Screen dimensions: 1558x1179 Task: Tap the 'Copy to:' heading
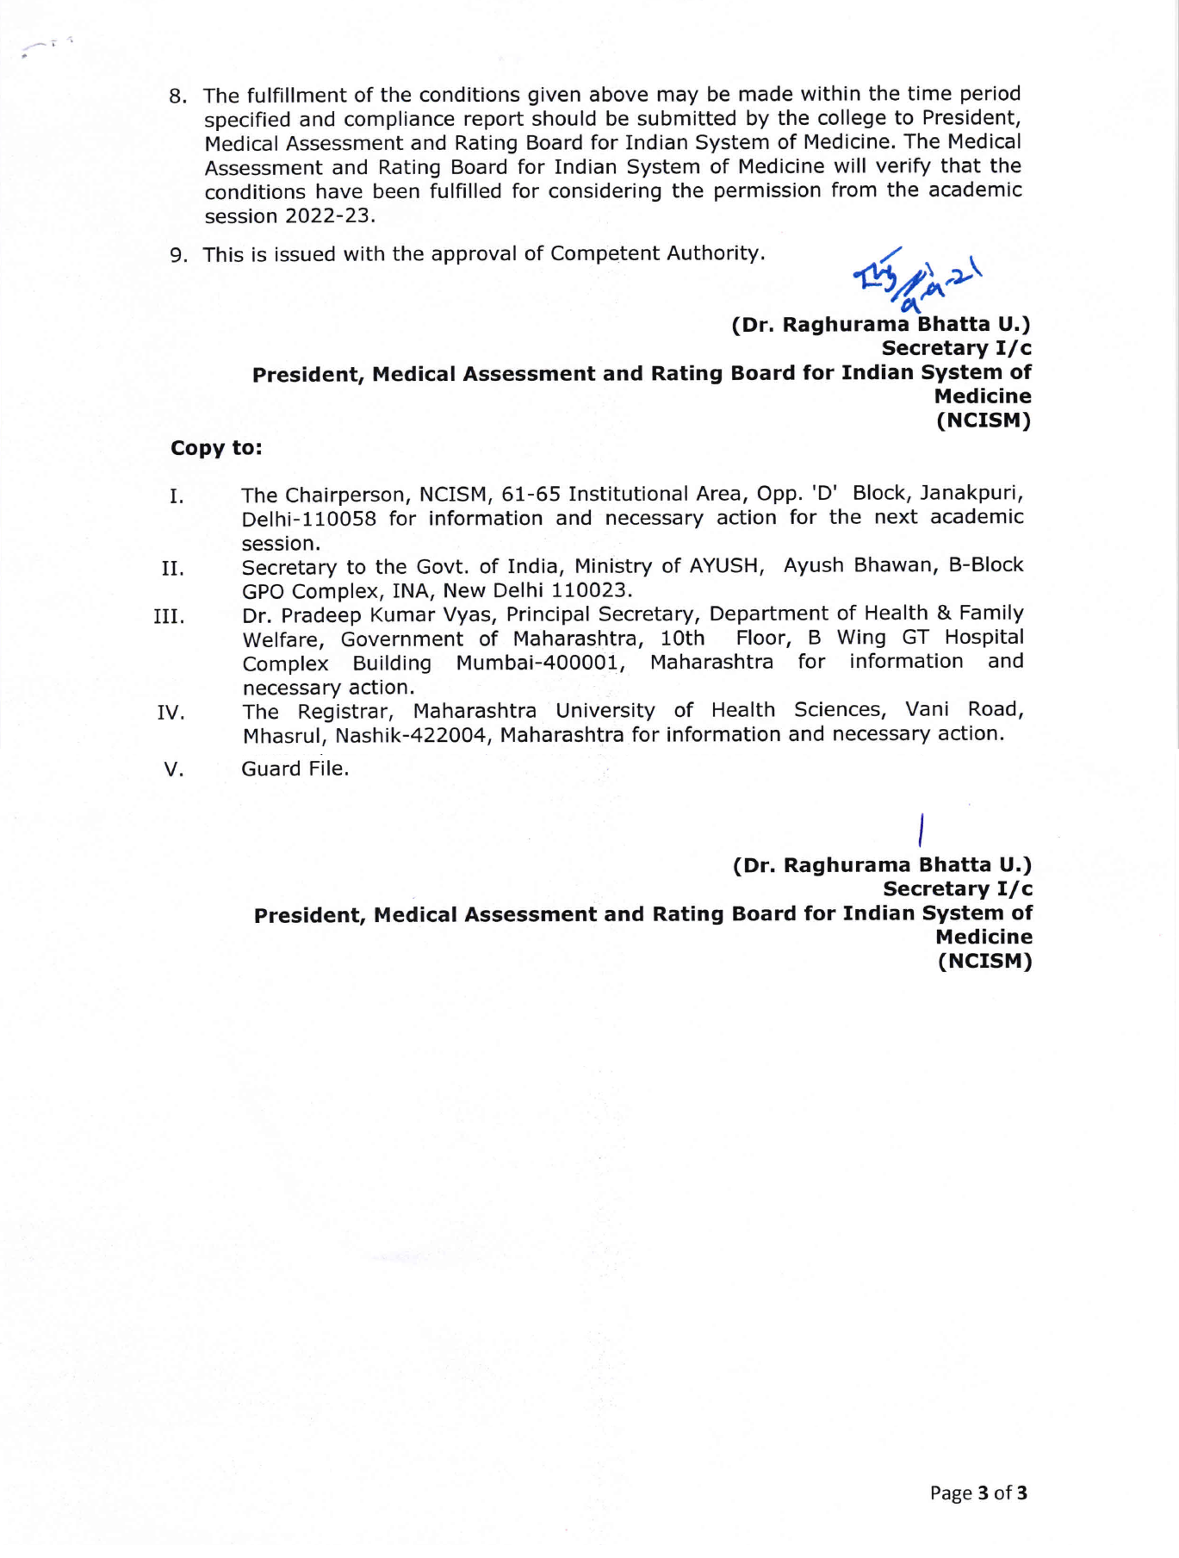click(216, 448)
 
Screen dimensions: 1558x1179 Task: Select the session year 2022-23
click(328, 216)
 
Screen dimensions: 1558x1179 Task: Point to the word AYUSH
click(727, 566)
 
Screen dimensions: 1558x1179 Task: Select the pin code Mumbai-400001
click(541, 663)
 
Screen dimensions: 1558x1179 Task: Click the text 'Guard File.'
click(295, 769)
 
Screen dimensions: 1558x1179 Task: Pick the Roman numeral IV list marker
click(171, 713)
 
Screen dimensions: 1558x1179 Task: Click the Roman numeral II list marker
click(172, 569)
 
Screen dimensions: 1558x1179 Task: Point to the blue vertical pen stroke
click(921, 829)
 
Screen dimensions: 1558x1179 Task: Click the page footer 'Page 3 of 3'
click(978, 1493)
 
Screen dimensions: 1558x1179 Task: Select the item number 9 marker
click(178, 255)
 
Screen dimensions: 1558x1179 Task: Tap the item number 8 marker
click(178, 97)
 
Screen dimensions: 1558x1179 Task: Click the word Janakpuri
click(971, 494)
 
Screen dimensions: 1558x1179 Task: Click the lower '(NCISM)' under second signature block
click(984, 961)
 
